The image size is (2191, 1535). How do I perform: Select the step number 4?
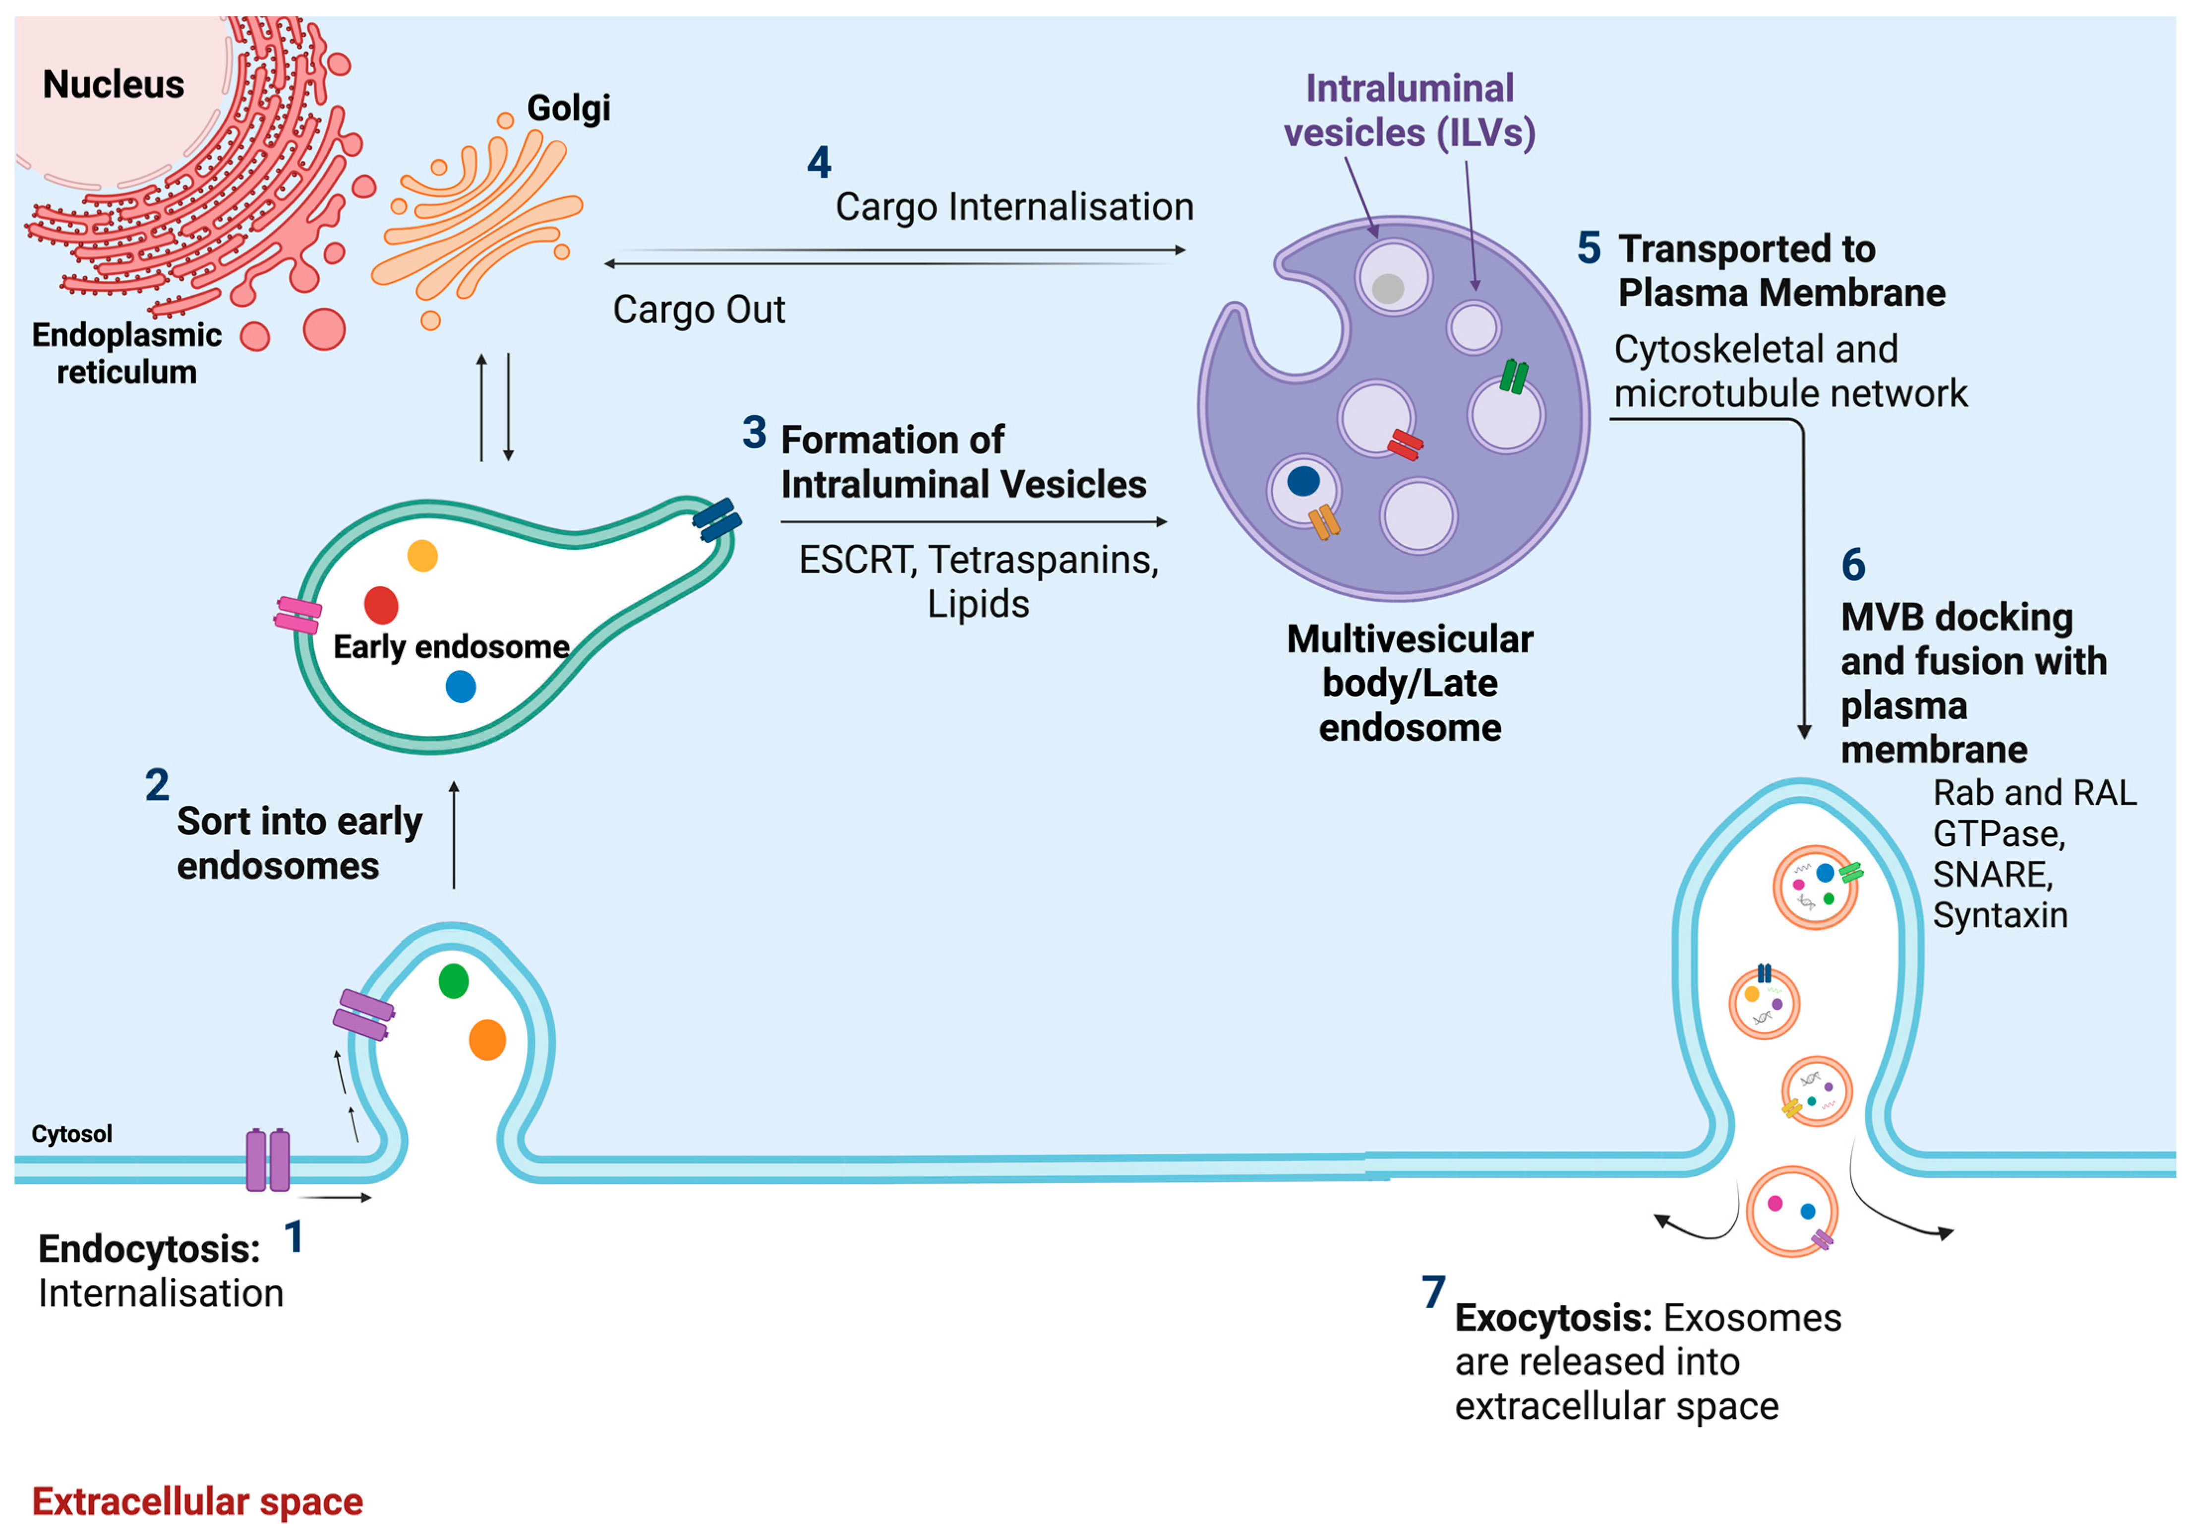tap(819, 162)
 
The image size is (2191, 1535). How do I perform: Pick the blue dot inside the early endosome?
tap(461, 686)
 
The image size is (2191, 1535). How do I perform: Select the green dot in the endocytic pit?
tap(453, 980)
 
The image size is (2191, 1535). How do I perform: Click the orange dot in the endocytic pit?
tap(487, 1039)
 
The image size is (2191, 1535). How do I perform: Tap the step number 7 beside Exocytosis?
tap(1433, 1292)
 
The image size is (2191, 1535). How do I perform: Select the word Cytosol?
tap(71, 1134)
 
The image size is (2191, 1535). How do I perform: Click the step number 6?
tap(1853, 565)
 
